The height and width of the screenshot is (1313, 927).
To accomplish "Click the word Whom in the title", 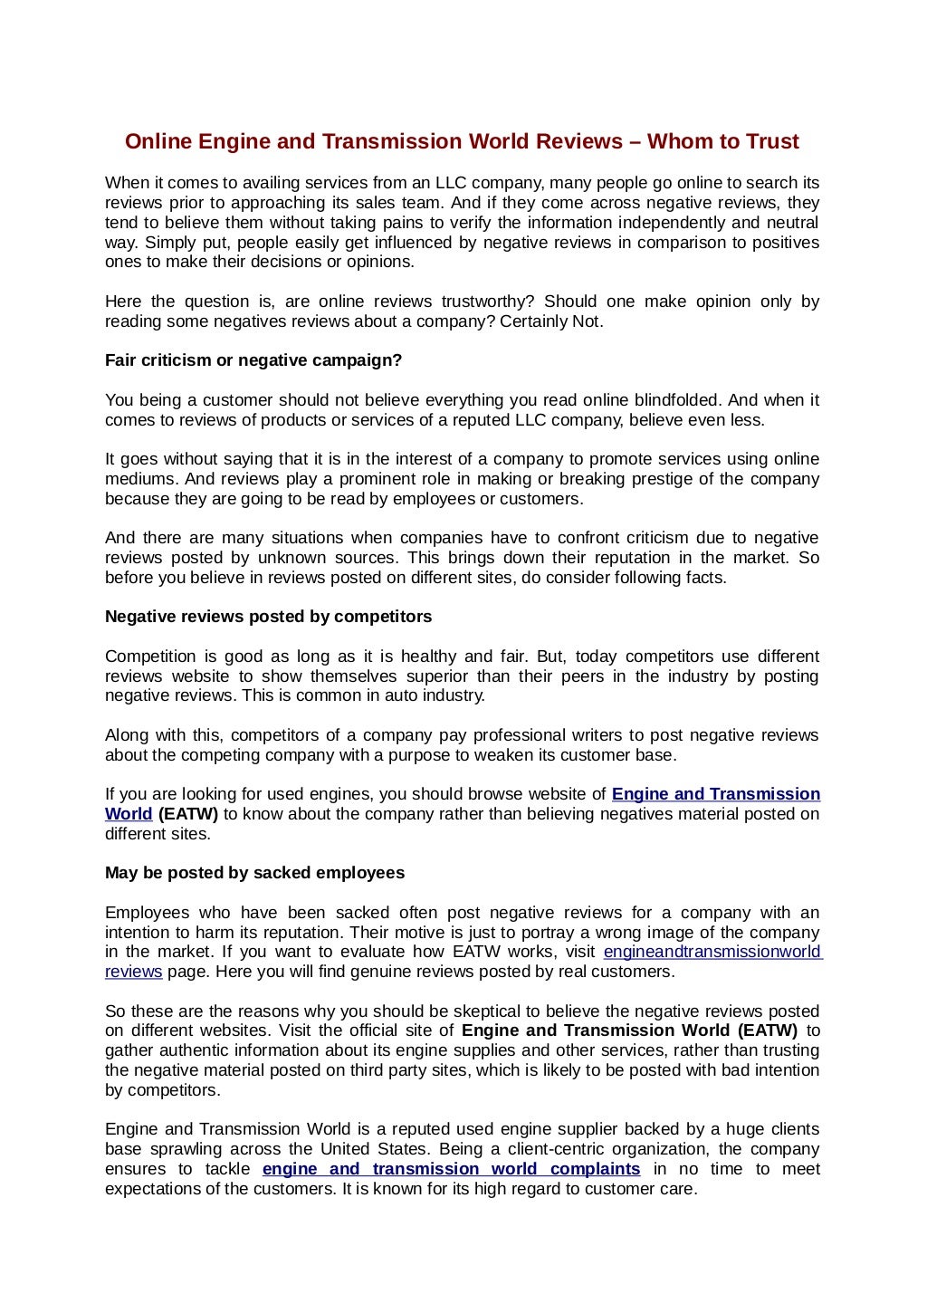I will [673, 142].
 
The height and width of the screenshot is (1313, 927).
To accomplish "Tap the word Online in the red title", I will [158, 142].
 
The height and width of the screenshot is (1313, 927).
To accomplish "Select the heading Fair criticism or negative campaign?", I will [253, 360].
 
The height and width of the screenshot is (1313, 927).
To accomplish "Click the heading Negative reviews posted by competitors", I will [268, 617].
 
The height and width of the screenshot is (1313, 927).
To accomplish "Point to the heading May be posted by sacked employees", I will [254, 873].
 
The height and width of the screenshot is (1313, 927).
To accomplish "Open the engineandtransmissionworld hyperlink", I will [712, 952].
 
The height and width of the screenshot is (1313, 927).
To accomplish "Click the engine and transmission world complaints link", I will [451, 1169].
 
